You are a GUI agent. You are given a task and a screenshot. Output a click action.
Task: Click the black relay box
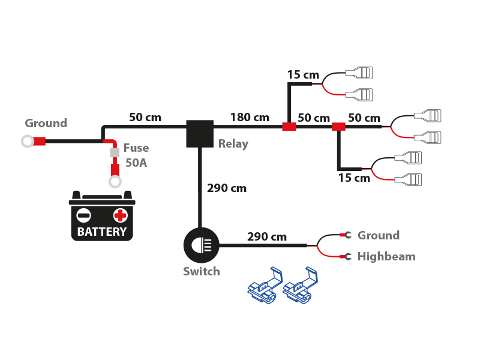tap(200, 133)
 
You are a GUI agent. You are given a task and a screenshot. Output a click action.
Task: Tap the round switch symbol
tap(201, 245)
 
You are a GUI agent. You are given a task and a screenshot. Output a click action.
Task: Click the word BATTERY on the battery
tap(102, 232)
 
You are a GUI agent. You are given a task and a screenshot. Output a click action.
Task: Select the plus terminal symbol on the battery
tap(121, 215)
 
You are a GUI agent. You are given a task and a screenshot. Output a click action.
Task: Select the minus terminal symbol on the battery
tap(84, 215)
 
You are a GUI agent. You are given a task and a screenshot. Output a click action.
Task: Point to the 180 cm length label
tap(250, 118)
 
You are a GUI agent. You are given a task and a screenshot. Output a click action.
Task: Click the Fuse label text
tap(136, 148)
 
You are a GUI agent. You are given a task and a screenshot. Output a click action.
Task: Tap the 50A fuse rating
tap(136, 163)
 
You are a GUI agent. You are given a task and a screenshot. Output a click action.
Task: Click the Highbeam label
tap(386, 257)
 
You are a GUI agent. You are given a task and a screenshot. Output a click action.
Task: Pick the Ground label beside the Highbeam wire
tap(379, 236)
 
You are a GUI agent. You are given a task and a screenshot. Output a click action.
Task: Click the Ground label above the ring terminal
tap(46, 124)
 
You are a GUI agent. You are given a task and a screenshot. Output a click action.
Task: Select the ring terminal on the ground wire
tap(27, 142)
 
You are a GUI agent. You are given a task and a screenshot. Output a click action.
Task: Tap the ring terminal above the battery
tap(115, 181)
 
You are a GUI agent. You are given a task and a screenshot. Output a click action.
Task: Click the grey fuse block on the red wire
tap(115, 153)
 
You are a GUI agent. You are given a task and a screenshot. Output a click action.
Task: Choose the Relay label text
tap(233, 144)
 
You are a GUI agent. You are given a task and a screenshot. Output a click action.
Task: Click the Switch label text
tap(202, 272)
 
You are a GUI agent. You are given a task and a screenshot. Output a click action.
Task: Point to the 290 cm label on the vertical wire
tap(227, 188)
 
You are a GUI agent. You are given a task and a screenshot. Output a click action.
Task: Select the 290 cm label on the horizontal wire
tap(267, 237)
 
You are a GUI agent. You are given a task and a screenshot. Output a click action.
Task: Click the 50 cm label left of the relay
tap(145, 118)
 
